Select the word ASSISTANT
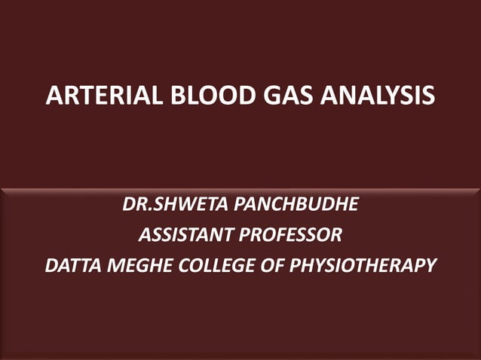click(185, 235)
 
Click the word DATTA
click(71, 265)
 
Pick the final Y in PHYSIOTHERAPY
click(430, 265)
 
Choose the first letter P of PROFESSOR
click(244, 235)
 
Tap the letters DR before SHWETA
click(133, 205)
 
